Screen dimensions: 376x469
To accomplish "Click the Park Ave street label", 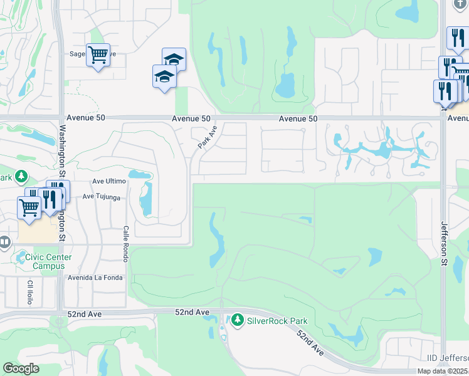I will (x=208, y=137).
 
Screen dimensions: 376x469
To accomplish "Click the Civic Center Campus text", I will (x=48, y=261).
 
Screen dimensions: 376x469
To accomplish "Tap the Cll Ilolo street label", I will (x=29, y=292).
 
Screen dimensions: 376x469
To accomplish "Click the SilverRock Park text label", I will (x=277, y=321).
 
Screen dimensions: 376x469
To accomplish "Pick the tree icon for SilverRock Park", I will (x=237, y=321).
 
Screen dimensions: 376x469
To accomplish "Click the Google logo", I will (x=21, y=368).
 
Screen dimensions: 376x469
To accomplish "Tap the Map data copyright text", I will (x=443, y=371).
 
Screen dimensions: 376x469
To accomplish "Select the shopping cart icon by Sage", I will (x=98, y=55).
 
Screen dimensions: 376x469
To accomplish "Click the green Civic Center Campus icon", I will (x=20, y=257).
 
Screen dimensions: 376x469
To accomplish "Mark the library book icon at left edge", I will (x=4, y=241).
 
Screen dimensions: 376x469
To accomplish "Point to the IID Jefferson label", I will (x=447, y=358).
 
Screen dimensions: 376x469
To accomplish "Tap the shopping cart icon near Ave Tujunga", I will (x=29, y=206).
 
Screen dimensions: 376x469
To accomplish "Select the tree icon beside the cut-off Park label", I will (x=22, y=177).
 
